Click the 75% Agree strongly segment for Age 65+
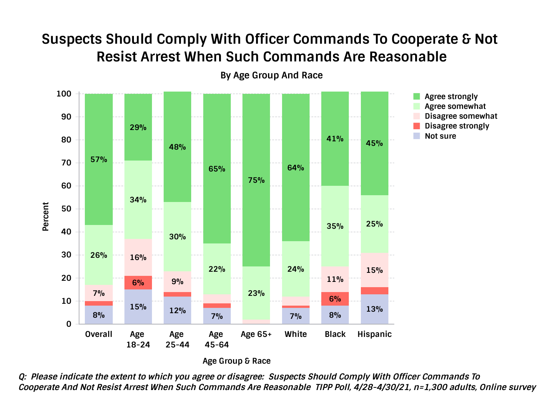click(256, 180)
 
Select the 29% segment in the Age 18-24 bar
click(138, 127)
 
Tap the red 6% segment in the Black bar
click(335, 298)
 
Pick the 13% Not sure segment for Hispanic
click(374, 309)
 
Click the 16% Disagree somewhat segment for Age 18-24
click(138, 257)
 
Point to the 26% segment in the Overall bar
click(99, 255)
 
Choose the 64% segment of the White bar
click(296, 168)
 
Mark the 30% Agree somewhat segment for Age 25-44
click(177, 237)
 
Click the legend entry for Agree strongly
click(451, 96)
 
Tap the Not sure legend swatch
click(417, 136)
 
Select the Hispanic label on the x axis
click(374, 334)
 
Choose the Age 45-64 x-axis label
click(216, 339)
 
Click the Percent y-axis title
click(46, 216)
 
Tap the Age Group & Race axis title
click(236, 361)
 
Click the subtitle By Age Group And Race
click(271, 75)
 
